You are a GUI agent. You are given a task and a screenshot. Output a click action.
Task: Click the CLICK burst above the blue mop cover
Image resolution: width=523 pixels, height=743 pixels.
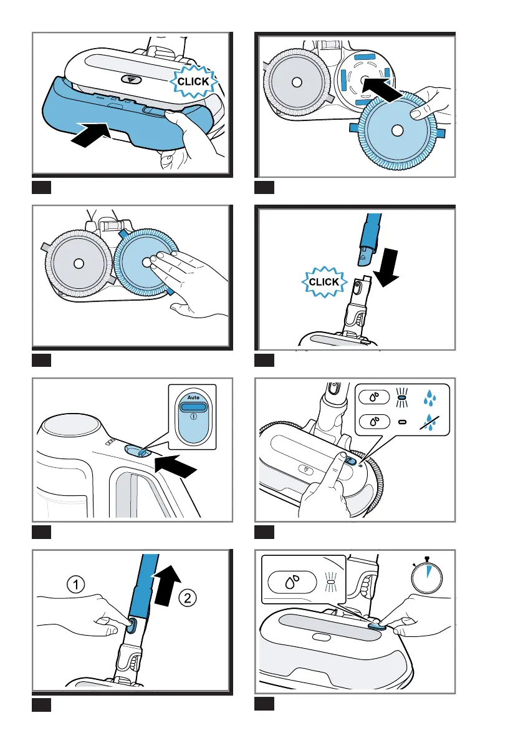193,82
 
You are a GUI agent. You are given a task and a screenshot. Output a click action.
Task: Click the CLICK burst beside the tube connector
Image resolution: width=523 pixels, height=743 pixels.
324,282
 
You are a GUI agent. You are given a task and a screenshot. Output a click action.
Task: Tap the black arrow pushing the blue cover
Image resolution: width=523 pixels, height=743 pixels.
91,133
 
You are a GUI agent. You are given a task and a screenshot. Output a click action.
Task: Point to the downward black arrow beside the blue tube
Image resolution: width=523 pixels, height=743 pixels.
386,268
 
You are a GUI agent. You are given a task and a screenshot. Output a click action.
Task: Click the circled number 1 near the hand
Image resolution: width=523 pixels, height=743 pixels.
75,585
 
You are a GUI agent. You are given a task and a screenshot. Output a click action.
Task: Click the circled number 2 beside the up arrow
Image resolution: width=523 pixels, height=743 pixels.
188,598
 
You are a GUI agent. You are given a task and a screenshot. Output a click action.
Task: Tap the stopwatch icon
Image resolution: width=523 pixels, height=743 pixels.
426,575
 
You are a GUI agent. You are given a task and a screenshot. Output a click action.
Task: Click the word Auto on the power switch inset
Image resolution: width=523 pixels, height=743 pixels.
193,397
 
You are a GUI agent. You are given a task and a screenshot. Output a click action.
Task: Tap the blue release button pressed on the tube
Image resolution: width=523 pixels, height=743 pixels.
131,625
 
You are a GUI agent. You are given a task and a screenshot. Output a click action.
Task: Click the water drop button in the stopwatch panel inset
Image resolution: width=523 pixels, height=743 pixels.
292,582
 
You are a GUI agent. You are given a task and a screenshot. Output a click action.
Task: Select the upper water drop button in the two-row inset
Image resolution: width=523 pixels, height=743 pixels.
374,396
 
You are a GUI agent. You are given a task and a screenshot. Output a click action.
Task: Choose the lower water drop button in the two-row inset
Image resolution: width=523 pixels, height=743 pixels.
374,420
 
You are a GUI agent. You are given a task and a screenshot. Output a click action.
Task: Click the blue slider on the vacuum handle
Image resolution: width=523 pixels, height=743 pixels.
137,450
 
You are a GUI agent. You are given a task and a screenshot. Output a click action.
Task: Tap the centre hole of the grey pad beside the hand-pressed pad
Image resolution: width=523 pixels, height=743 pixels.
79,263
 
